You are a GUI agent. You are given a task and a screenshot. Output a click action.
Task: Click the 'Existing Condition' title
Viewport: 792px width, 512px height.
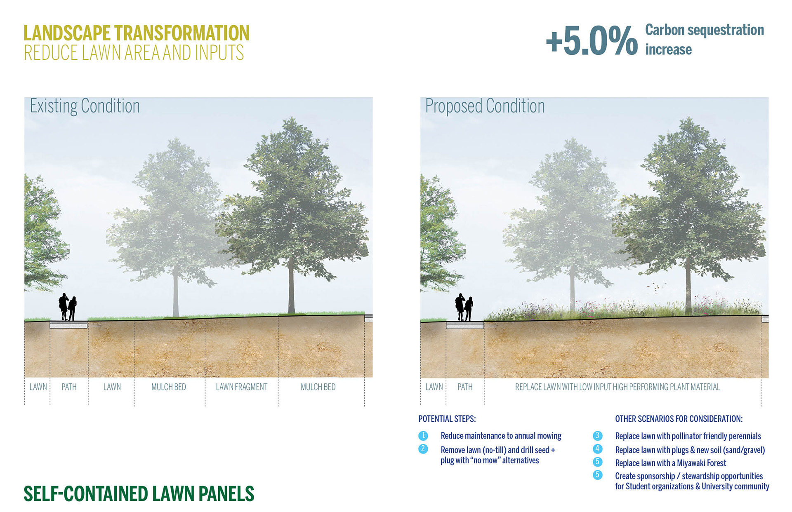85,106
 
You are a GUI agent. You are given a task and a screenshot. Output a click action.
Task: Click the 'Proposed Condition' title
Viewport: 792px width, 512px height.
485,106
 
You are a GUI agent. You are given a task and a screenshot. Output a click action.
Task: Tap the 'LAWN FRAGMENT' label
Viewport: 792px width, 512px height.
241,387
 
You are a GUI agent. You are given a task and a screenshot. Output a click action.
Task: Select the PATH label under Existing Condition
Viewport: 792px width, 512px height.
69,387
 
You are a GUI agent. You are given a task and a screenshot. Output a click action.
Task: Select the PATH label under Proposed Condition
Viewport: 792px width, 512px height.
465,387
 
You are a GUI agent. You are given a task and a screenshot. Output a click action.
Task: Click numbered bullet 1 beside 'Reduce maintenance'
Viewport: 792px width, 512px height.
423,436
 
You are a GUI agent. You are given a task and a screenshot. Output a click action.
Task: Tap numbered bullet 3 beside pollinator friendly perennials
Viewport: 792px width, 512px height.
597,436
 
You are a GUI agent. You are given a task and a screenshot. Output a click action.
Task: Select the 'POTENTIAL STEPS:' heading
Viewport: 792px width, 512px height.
447,419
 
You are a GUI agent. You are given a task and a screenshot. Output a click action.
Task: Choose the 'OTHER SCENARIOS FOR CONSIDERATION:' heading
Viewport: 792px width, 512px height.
679,419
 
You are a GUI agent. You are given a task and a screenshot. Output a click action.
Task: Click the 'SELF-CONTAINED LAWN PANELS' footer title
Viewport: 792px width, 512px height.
139,494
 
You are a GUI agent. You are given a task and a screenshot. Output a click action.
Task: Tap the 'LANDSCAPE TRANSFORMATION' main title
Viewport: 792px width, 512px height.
136,33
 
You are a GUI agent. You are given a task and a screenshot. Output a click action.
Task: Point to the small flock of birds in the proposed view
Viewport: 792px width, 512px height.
656,287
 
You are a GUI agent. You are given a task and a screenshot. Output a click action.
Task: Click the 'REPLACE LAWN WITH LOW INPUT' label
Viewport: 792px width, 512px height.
617,387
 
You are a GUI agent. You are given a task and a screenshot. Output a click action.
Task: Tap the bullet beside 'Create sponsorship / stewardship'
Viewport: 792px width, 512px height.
597,475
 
